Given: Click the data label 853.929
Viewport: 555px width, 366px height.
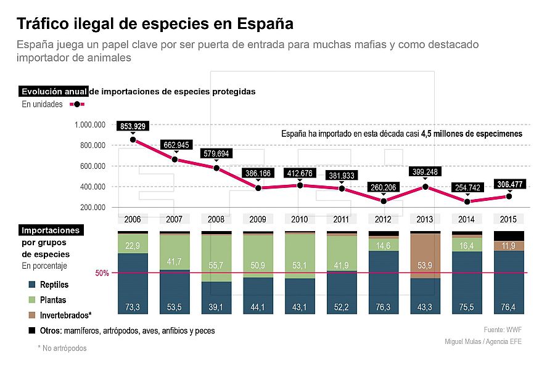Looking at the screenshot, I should (133, 126).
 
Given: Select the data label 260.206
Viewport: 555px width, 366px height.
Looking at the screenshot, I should (384, 187).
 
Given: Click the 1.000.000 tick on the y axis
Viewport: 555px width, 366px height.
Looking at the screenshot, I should (90, 124).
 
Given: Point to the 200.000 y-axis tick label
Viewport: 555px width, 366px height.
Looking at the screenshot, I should (92, 207).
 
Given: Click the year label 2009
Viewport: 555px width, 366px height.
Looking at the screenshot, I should (258, 219).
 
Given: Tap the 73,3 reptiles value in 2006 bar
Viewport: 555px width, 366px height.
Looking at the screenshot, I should (133, 306).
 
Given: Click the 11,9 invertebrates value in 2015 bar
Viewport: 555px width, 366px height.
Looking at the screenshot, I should (509, 246).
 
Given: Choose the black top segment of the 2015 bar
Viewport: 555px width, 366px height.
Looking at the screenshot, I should (509, 236).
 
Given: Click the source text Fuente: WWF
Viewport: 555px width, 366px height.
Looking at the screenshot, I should (503, 330).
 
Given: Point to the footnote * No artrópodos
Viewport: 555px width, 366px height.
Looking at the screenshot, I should (62, 348).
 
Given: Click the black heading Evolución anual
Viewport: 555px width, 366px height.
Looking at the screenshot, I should (54, 91).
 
